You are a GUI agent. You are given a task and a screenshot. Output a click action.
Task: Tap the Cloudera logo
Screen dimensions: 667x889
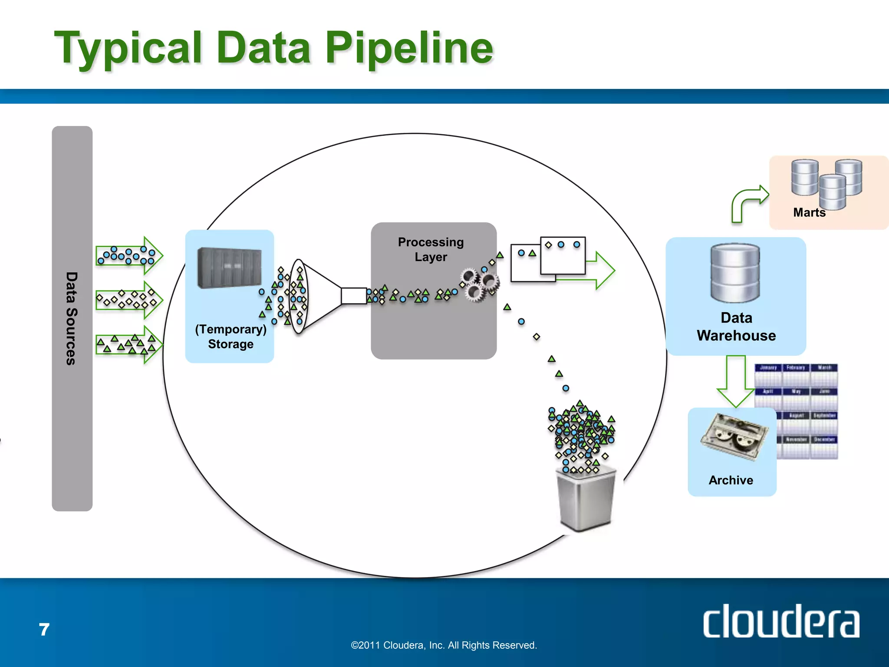click(x=780, y=621)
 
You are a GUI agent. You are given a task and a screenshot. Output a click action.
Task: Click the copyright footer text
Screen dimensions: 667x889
click(x=444, y=645)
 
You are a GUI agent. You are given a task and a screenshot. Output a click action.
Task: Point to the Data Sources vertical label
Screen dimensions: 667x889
click(x=72, y=318)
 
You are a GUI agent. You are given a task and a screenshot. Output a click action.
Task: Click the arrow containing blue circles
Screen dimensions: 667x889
click(x=128, y=255)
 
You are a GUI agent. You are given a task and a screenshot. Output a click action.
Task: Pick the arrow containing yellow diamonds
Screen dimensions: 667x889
click(x=128, y=300)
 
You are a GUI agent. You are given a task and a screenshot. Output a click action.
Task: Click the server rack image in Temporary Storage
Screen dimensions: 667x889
click(x=229, y=267)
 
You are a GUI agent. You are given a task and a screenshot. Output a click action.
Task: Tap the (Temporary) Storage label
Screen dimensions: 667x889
click(x=230, y=337)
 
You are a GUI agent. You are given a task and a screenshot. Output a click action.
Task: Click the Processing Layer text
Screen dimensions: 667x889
click(x=431, y=249)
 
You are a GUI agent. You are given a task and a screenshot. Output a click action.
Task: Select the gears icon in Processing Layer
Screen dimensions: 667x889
click(x=480, y=284)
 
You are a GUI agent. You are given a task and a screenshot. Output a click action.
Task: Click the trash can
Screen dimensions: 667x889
click(x=586, y=499)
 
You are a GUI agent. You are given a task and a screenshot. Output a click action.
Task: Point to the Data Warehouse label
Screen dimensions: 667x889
click(x=736, y=327)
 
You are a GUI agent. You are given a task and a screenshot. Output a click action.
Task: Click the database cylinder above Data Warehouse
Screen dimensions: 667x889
click(x=735, y=273)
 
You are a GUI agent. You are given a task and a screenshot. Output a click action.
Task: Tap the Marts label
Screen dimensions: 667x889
click(x=809, y=212)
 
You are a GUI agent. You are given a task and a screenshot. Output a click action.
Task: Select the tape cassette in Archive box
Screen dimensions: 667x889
click(x=734, y=436)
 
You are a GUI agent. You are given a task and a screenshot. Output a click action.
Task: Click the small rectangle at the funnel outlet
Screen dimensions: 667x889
click(x=353, y=296)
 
